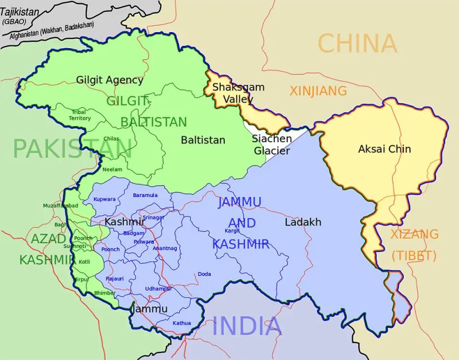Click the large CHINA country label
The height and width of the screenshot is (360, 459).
point(357,44)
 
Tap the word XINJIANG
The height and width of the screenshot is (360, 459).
point(318,91)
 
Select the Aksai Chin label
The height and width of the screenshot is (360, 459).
point(384,149)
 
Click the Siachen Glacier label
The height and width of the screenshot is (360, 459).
point(272,145)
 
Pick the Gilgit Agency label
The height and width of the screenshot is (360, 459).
point(109,80)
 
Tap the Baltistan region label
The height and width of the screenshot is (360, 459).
point(203,140)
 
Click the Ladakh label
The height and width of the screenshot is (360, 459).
point(302,222)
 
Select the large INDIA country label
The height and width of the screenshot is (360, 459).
point(247,326)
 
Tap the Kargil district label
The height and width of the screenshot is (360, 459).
point(232,230)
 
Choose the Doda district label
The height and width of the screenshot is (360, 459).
point(204,274)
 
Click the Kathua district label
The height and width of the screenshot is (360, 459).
point(181,323)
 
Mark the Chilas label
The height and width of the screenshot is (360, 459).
point(111,139)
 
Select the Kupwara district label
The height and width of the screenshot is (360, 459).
point(104,199)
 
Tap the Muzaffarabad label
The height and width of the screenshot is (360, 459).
point(60,205)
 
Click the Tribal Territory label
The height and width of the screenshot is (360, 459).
point(80,115)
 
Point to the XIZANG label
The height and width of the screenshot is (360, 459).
point(414,234)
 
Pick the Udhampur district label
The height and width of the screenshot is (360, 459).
point(158,288)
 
